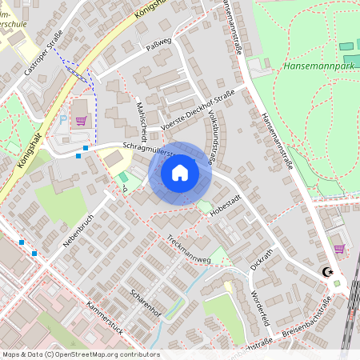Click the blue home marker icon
(x=180, y=173)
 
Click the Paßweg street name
(x=159, y=42)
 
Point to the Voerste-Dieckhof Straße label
(x=198, y=110)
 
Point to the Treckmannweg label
(x=189, y=246)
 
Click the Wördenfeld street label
(x=261, y=306)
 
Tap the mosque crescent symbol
(x=326, y=271)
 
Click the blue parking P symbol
(x=63, y=118)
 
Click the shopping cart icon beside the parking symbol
(x=81, y=121)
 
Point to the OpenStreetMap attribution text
(x=81, y=354)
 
